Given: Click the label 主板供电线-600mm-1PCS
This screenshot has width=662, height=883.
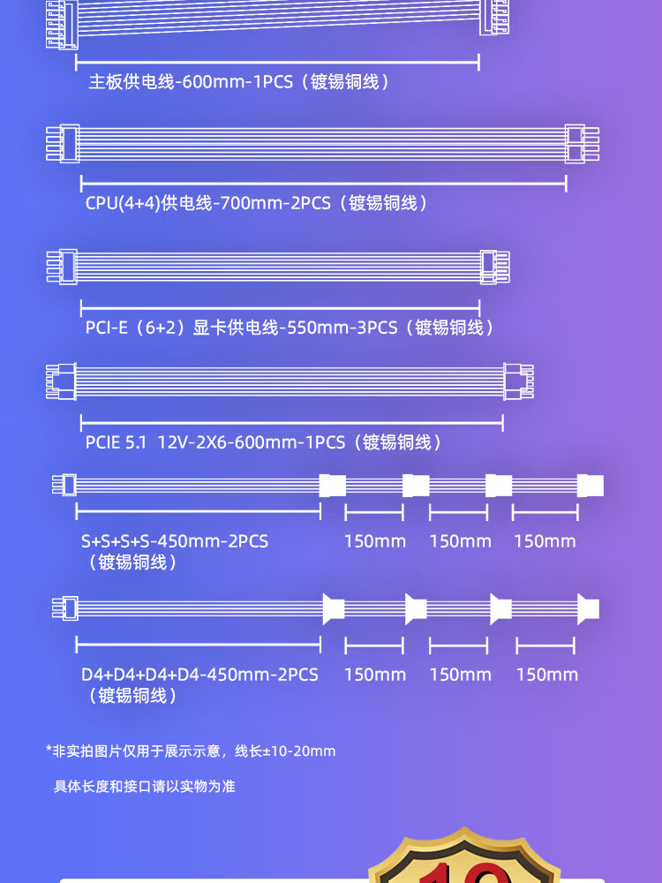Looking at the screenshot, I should point(238,82).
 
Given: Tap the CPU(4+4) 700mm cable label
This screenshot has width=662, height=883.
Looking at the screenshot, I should point(256,203).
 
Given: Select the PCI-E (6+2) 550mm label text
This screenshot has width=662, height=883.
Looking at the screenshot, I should point(289,328).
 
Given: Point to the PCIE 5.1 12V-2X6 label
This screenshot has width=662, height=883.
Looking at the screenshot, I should point(263,442).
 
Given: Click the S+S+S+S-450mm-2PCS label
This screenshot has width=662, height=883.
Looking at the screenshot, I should point(175,541).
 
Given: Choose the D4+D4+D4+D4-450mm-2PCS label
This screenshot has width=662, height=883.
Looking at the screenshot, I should point(199,675).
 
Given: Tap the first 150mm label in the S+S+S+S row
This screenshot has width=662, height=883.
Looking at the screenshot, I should point(375,541).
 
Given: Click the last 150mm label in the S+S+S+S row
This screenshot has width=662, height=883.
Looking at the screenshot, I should point(545,541).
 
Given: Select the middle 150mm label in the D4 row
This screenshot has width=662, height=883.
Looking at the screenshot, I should point(460,675).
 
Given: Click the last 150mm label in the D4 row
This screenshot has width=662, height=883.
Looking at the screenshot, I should point(546,675).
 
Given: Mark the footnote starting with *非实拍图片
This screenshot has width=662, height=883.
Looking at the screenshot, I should point(191,751).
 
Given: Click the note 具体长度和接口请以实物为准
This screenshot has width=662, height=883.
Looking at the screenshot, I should point(145,786).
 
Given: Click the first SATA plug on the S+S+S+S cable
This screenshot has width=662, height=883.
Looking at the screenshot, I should point(330,485).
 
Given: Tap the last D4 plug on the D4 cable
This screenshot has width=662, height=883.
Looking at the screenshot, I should point(588,608).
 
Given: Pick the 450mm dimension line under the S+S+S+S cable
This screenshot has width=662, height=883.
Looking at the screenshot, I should point(198,510).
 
